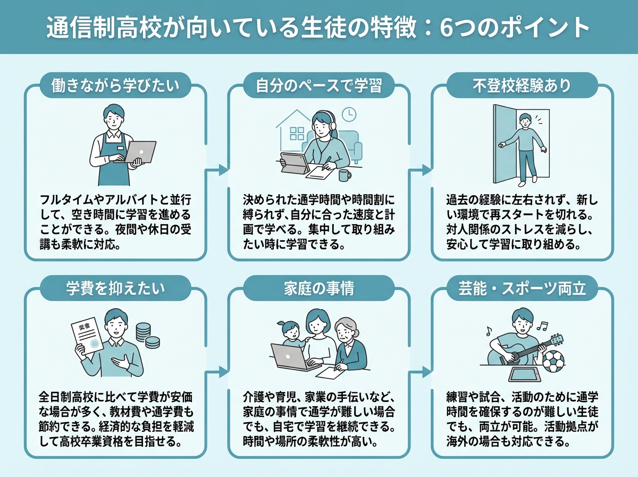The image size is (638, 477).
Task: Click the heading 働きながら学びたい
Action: click(115, 86)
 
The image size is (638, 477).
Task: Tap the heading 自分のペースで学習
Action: click(318, 86)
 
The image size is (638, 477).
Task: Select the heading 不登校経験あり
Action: click(522, 86)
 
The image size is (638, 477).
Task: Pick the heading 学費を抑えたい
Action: click(115, 289)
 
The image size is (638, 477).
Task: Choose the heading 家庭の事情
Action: click(319, 289)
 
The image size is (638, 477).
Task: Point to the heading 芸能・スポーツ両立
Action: click(522, 289)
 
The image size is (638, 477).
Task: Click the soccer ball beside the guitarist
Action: click(553, 361)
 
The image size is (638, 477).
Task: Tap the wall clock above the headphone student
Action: click(349, 114)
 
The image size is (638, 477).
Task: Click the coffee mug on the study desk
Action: click(345, 175)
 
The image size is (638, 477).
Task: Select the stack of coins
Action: click(147, 335)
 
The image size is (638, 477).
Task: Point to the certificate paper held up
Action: click(87, 335)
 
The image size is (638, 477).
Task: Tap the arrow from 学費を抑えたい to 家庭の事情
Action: click(216, 372)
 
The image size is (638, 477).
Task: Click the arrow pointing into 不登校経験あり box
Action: click(421, 170)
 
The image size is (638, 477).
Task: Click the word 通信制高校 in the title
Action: click(104, 28)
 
